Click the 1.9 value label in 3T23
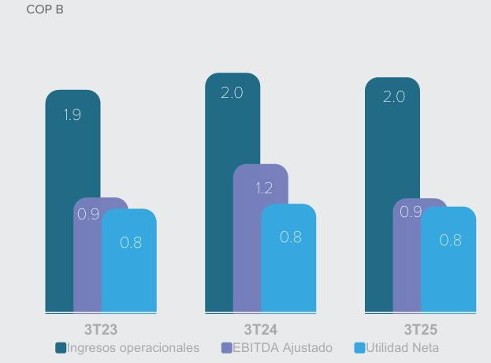[x=73, y=115]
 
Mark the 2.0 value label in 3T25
[x=393, y=97]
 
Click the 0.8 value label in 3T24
[x=291, y=237]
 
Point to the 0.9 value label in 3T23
[x=87, y=214]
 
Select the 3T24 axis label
[x=260, y=329]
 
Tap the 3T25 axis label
[x=420, y=329]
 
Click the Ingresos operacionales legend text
[x=133, y=347]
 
